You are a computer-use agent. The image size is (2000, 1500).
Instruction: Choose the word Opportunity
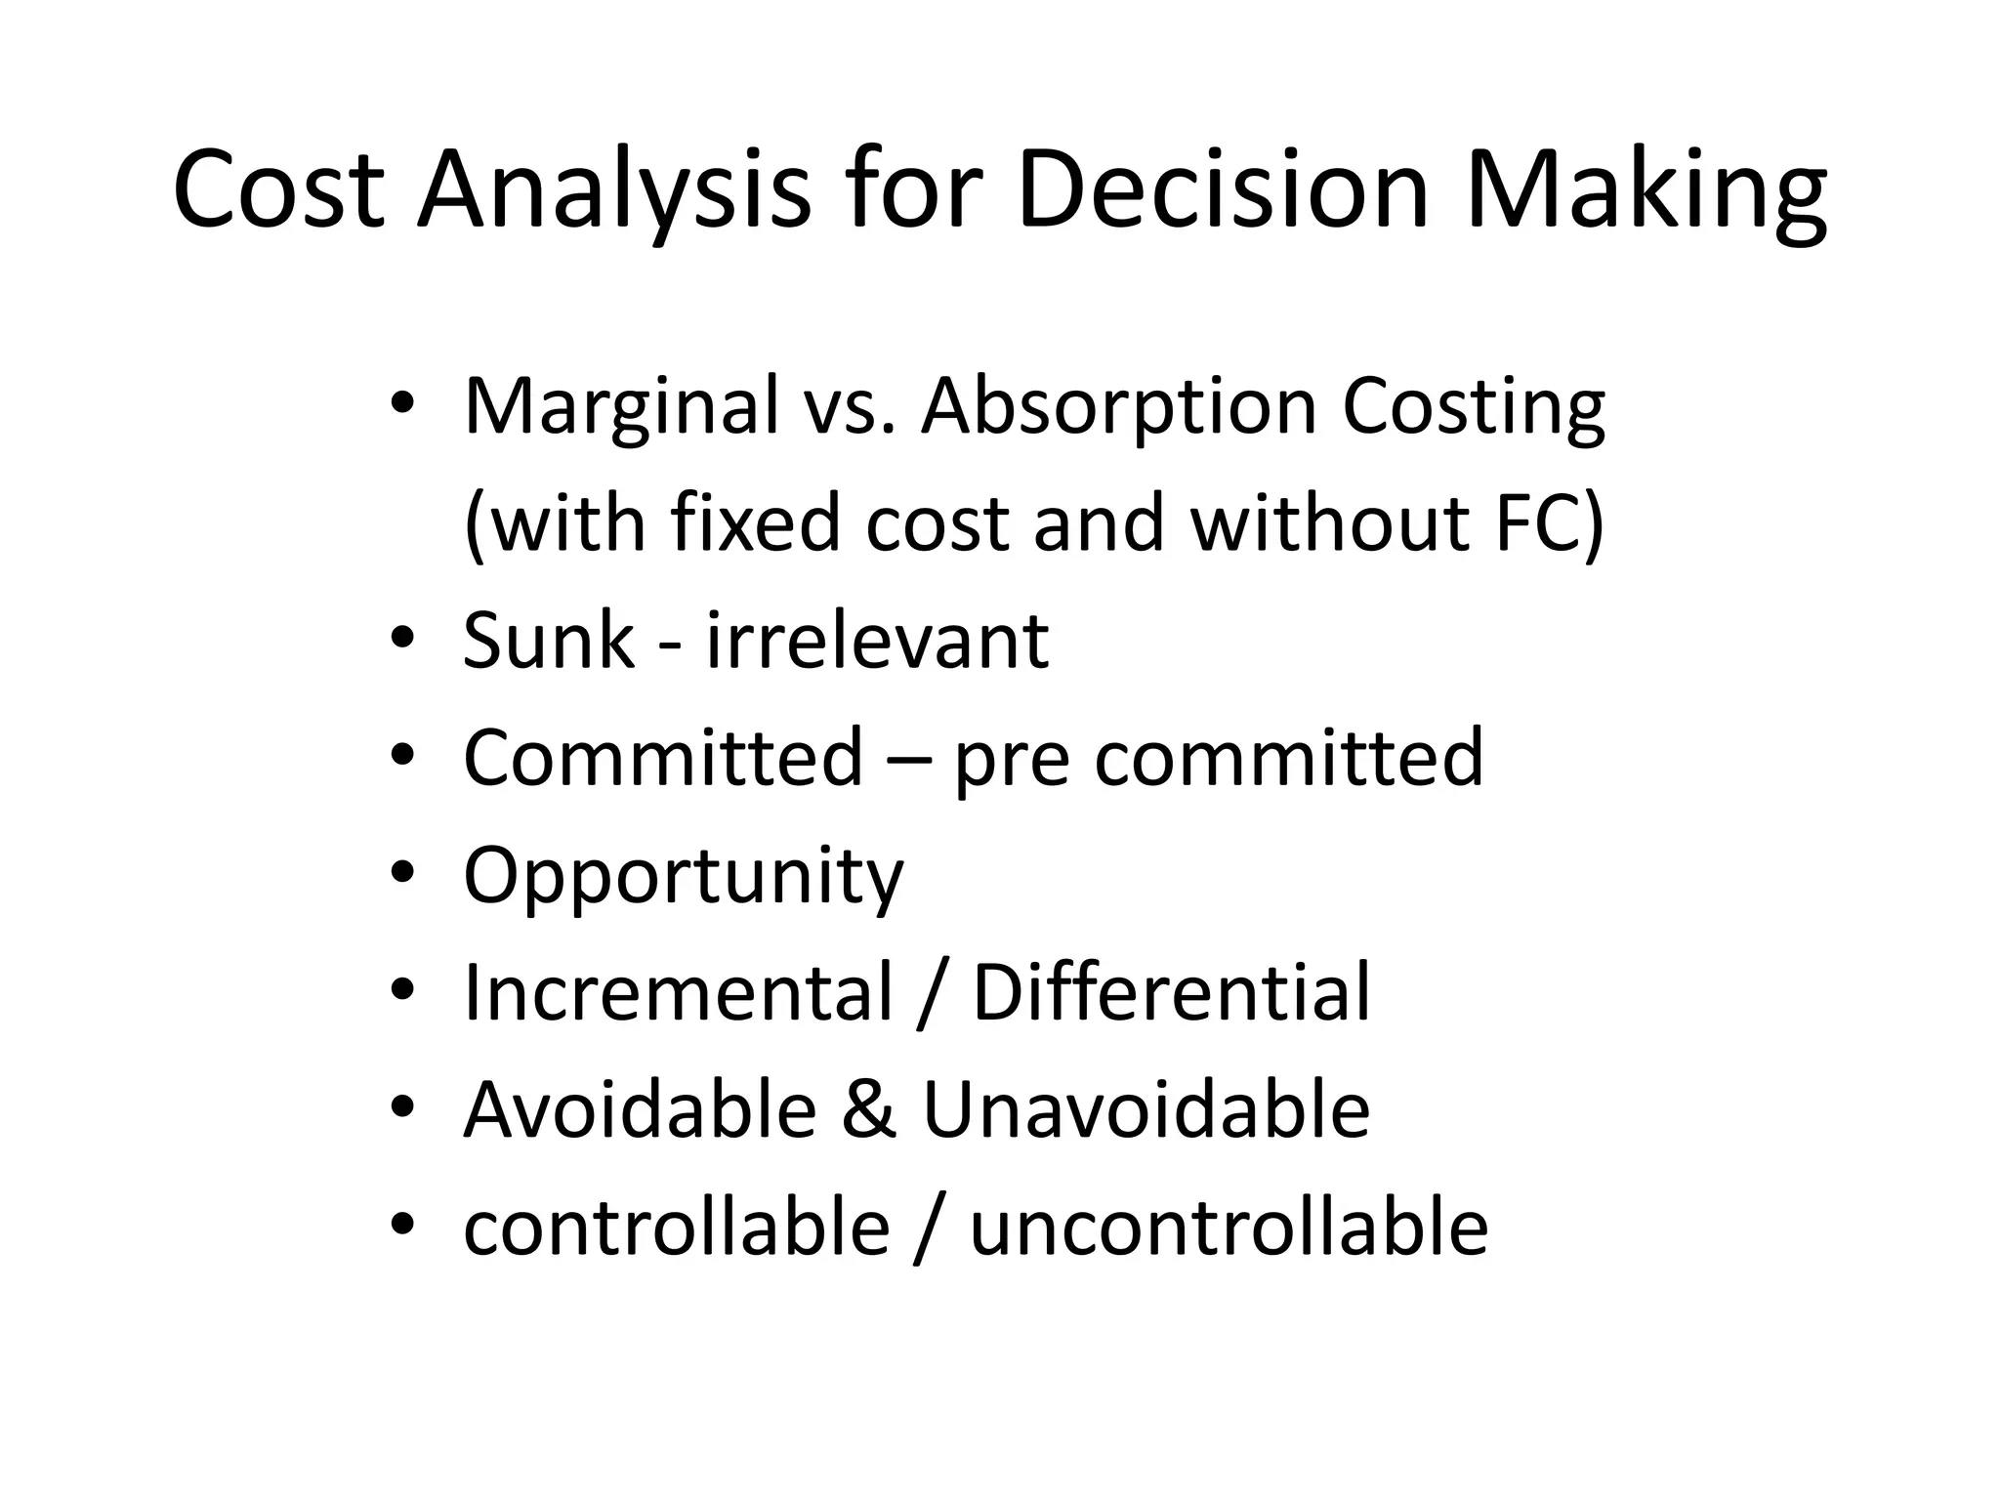683,876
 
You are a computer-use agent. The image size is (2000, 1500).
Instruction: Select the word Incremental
678,992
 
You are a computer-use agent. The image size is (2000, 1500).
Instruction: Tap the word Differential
1171,992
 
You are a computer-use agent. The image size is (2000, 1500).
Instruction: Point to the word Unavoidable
1146,1110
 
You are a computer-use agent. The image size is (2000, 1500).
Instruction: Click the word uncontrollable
1229,1228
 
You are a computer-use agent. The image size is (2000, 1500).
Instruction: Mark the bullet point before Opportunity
401,871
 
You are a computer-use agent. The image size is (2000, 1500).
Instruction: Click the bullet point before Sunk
401,637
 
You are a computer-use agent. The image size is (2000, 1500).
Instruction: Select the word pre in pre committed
1010,760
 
